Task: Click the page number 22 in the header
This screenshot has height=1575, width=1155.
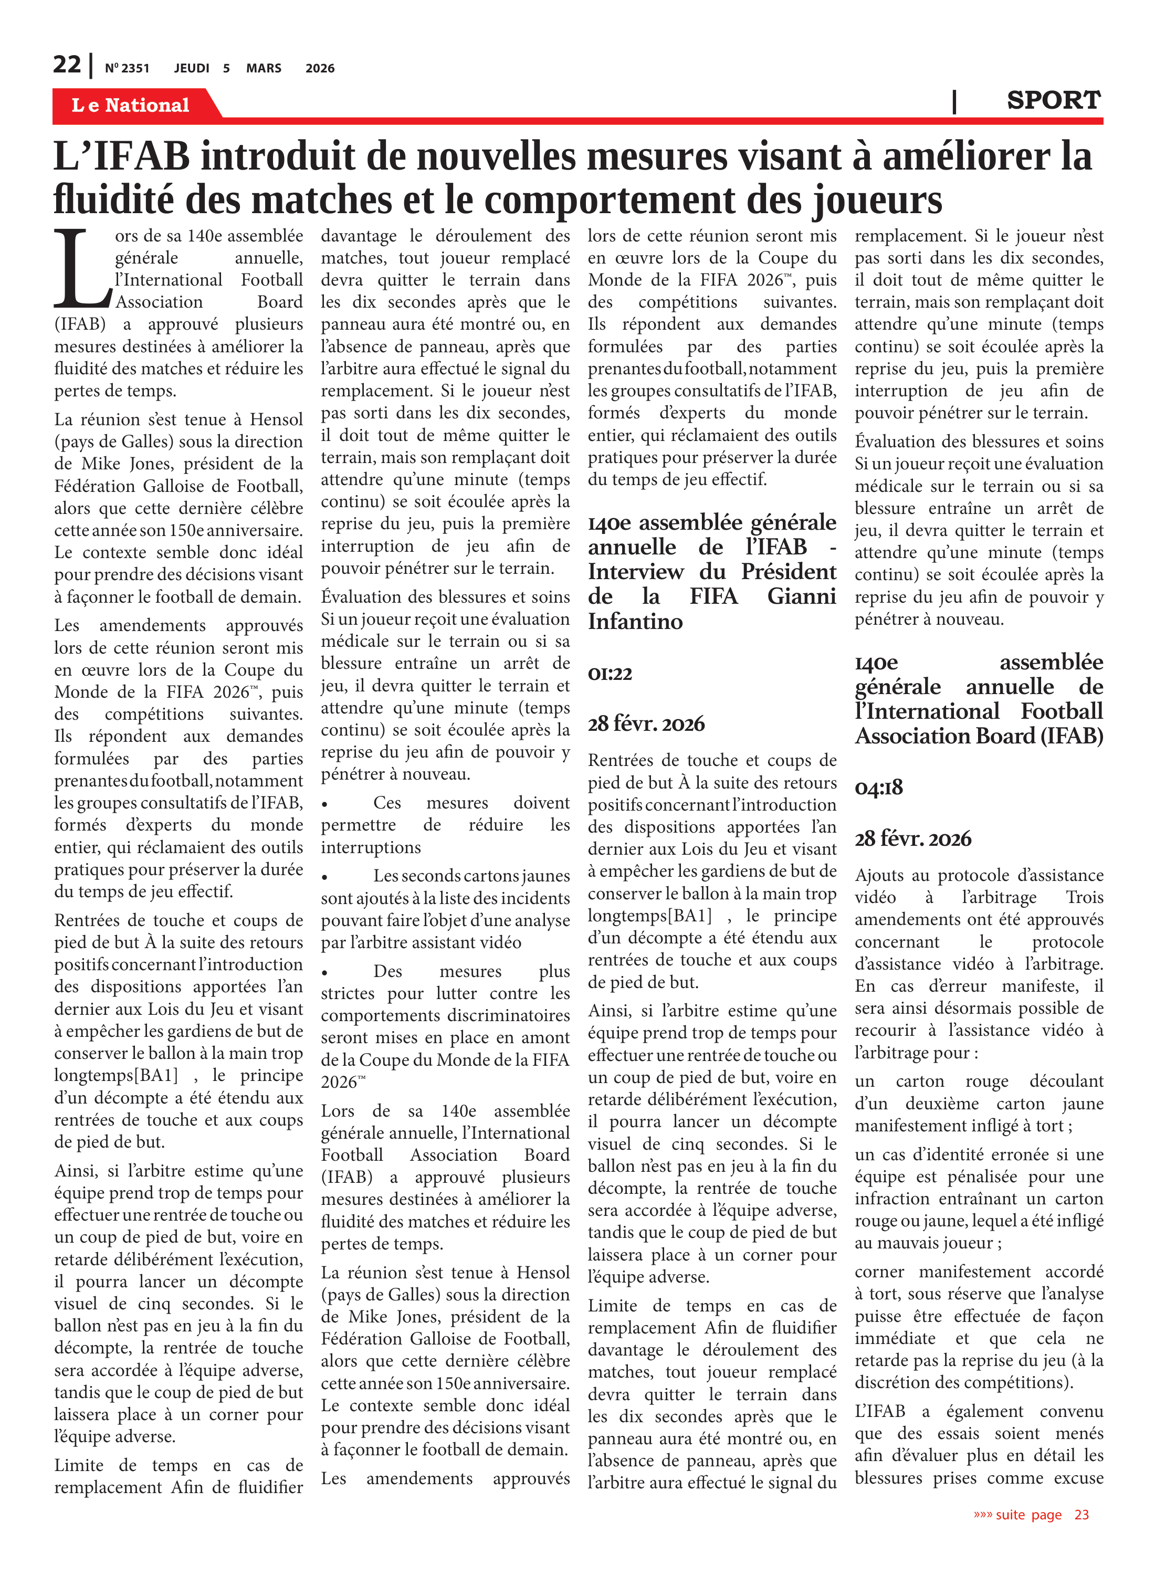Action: click(67, 65)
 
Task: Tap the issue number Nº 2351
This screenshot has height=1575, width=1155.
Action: click(127, 68)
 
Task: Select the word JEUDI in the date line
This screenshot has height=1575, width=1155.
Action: click(192, 68)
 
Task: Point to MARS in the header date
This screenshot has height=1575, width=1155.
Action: click(264, 68)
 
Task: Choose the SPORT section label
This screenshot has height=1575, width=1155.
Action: click(1053, 101)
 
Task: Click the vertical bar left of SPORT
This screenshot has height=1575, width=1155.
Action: click(954, 101)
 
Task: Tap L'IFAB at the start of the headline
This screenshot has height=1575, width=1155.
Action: click(121, 156)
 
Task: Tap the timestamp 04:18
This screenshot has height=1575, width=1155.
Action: click(878, 788)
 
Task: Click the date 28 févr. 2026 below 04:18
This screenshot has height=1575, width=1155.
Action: click(912, 838)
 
